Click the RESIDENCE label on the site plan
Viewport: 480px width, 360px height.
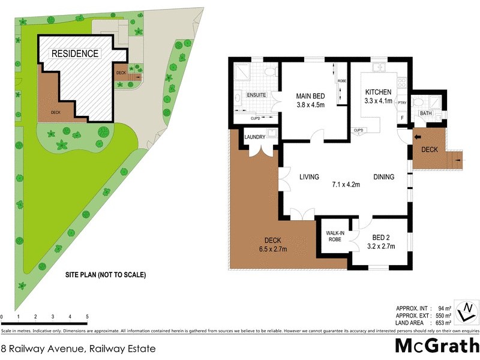click(75, 53)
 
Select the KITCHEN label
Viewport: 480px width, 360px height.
click(379, 92)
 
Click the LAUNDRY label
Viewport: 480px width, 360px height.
click(254, 137)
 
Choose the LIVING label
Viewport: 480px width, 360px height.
click(309, 176)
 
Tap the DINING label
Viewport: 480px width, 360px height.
click(384, 176)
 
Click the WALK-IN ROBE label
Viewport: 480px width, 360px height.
click(334, 236)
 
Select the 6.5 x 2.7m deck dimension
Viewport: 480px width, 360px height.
click(271, 250)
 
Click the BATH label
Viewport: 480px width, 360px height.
click(426, 113)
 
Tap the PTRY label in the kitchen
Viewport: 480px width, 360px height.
click(401, 103)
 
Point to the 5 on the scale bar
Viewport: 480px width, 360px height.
click(87, 316)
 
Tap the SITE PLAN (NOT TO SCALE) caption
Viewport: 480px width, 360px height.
click(106, 275)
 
